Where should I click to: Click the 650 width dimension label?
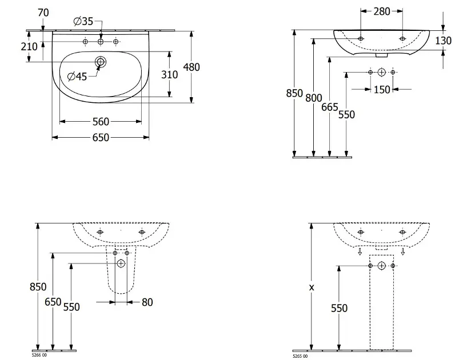click(101, 138)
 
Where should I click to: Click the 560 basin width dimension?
click(101, 122)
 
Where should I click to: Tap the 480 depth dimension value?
click(191, 67)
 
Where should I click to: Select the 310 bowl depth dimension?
click(169, 74)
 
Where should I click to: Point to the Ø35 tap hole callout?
click(83, 21)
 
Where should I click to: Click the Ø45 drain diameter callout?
click(77, 77)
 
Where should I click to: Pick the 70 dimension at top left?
click(43, 13)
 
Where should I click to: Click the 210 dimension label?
click(29, 46)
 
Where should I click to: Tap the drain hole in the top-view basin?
click(101, 62)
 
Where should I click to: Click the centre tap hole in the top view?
click(101, 42)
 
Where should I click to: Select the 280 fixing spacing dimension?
click(382, 11)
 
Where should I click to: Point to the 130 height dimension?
click(443, 41)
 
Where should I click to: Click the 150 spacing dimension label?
click(382, 90)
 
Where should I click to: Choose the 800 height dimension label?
click(314, 98)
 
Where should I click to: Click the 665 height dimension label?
click(329, 107)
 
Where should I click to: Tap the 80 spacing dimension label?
click(147, 302)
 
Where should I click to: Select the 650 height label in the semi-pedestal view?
click(53, 302)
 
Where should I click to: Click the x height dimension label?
click(312, 287)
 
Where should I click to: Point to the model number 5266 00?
click(39, 355)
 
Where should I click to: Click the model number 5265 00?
click(300, 356)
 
